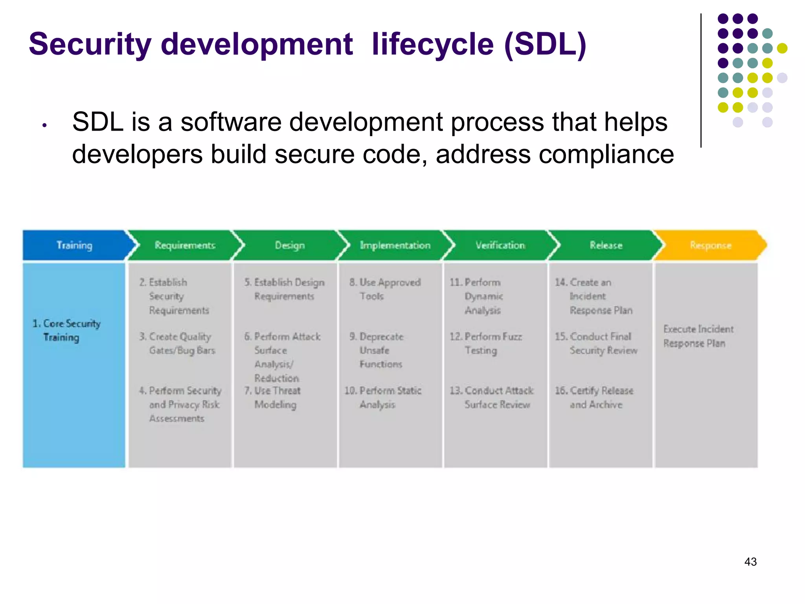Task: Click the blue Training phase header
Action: pyautogui.click(x=74, y=245)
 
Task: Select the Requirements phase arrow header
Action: pyautogui.click(x=184, y=245)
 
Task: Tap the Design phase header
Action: pyautogui.click(x=290, y=245)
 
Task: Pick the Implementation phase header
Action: pyautogui.click(x=395, y=245)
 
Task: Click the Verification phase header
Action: pyautogui.click(x=500, y=245)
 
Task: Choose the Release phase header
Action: pyautogui.click(x=606, y=245)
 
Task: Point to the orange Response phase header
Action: pyautogui.click(x=710, y=245)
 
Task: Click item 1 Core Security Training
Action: pyautogui.click(x=66, y=330)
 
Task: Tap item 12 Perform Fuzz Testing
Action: pyautogui.click(x=486, y=343)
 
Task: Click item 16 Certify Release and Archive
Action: pyautogui.click(x=594, y=398)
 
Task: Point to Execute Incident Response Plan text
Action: pyautogui.click(x=698, y=336)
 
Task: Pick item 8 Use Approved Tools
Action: pyautogui.click(x=385, y=289)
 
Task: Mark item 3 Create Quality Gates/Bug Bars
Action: pyautogui.click(x=178, y=343)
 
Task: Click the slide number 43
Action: pyautogui.click(x=750, y=562)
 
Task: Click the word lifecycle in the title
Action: pyautogui.click(x=432, y=44)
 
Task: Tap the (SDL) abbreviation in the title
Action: pyautogui.click(x=545, y=44)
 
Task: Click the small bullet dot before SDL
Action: pyautogui.click(x=45, y=125)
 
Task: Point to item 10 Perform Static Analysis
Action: pyautogui.click(x=383, y=398)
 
